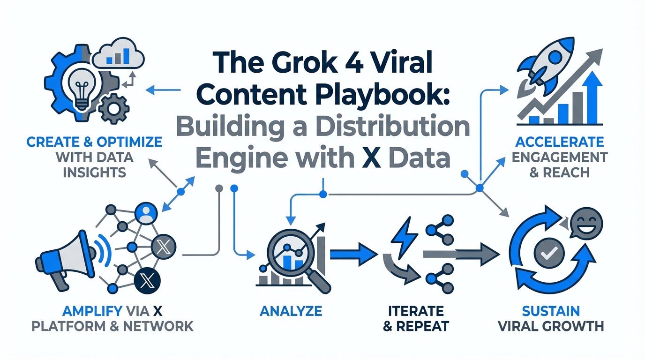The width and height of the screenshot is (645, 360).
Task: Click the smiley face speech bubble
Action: [586, 225]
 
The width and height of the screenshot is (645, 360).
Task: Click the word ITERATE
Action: [416, 310]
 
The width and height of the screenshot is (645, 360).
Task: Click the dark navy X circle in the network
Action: [147, 281]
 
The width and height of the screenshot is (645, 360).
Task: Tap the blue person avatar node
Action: [144, 212]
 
